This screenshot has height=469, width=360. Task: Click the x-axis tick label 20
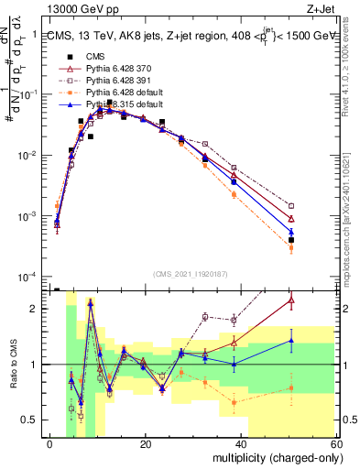point(145,444)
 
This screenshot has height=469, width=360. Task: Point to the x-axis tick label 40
point(242,444)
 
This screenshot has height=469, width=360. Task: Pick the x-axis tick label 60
point(335,444)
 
